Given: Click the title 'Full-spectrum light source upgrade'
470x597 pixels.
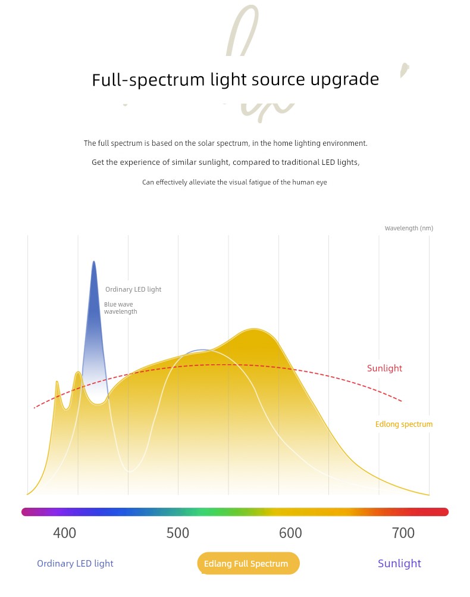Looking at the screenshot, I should pos(235,80).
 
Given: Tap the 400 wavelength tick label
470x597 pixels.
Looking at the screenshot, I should pos(64,533).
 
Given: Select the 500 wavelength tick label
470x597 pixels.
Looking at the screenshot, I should pos(177,533).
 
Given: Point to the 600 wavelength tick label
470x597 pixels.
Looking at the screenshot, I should pos(290,533).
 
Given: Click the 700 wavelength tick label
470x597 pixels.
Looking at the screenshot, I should pos(403,533).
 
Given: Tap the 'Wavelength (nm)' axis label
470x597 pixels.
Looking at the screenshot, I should pos(409,229).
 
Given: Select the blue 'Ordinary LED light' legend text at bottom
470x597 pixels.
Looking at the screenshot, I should pos(75,564).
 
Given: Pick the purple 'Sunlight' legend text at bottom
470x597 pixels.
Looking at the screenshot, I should pos(399,564).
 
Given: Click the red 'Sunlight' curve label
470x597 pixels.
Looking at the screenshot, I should pos(384,368).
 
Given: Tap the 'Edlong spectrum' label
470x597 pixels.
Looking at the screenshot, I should pos(404,424).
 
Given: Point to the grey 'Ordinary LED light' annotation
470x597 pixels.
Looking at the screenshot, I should pos(133,290).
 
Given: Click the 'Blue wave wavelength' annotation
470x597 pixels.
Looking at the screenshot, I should pos(120,308).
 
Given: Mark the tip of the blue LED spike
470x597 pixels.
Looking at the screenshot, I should pos(93,262).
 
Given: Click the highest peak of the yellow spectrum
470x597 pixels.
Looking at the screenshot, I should pos(254,329).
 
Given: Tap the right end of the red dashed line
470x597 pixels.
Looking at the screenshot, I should pos(402,401).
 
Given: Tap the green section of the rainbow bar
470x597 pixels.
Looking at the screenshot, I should pos(205,512).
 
